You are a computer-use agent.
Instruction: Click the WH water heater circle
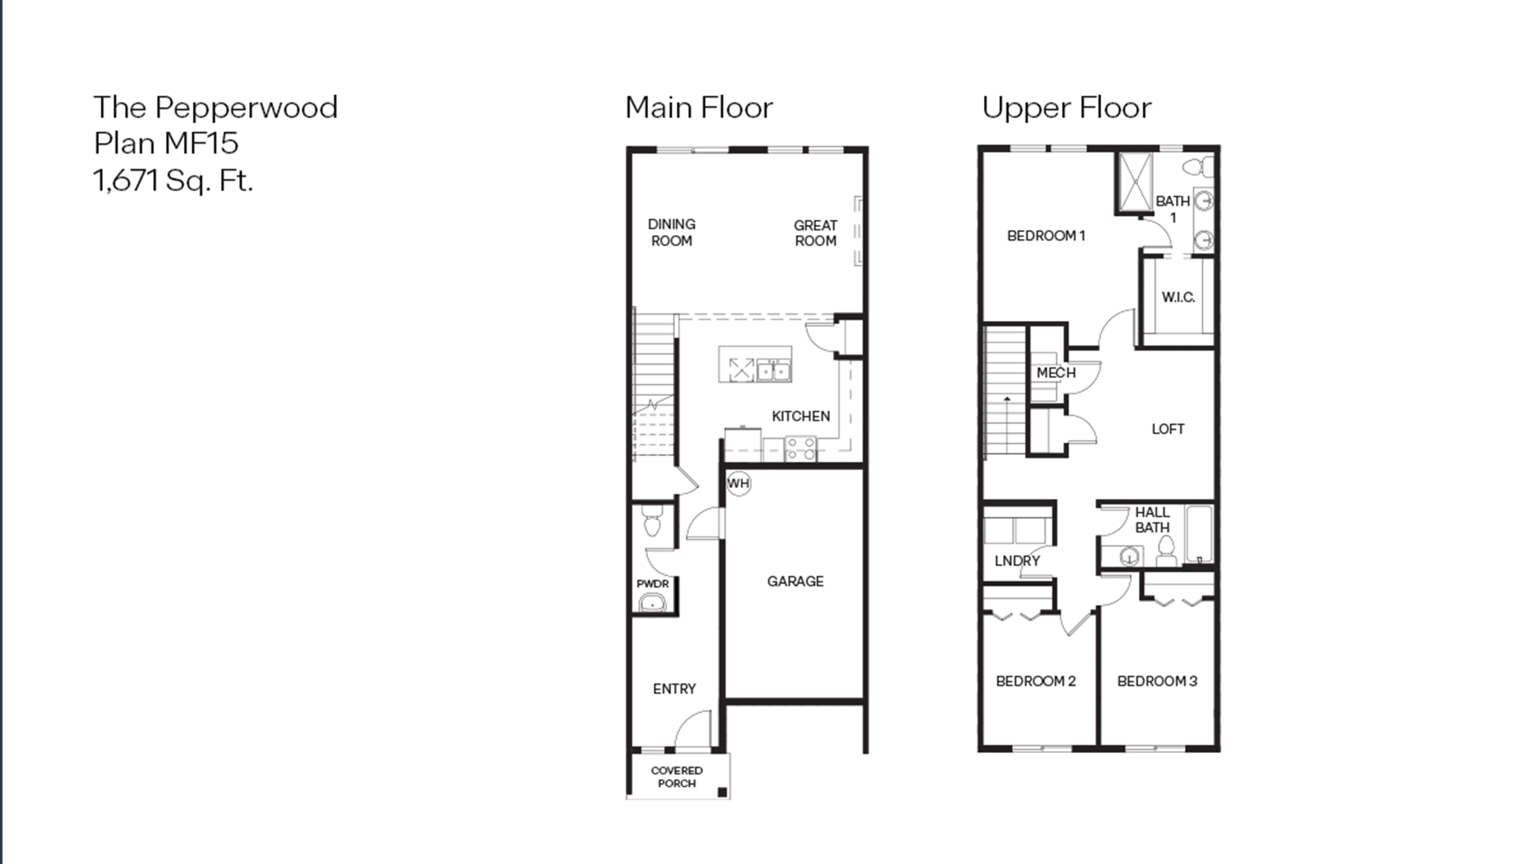point(738,483)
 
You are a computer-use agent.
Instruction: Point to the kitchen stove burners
point(801,448)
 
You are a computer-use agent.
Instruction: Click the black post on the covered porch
point(722,792)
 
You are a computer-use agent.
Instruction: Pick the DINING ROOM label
point(671,233)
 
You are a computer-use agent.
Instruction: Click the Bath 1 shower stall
point(1135,182)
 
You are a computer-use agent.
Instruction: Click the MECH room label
point(1056,373)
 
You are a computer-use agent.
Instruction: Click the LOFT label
point(1167,429)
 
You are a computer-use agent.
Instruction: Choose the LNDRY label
point(1017,561)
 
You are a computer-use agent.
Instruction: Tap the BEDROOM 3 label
point(1157,681)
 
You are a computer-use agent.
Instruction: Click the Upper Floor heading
point(1066,108)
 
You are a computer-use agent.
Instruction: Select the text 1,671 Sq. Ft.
point(173,180)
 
